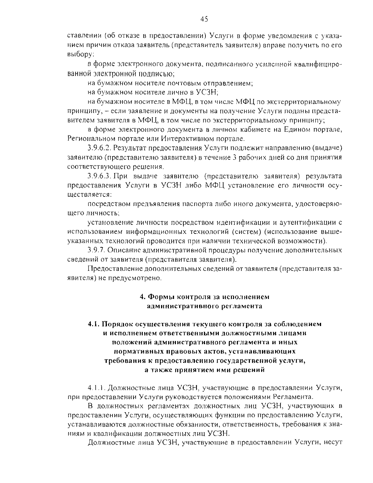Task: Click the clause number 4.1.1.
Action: [97, 388]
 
